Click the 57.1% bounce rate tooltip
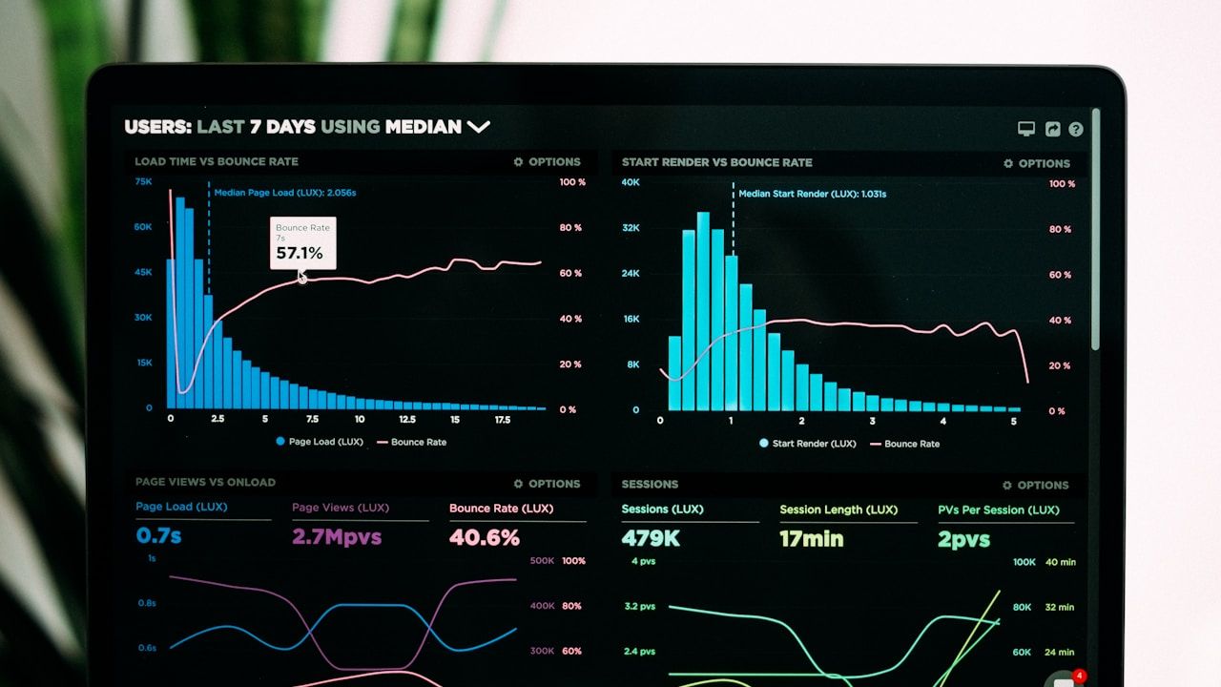tap(302, 243)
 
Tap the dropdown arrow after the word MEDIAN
tap(478, 127)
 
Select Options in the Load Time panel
tap(547, 162)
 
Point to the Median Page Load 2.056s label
tap(284, 193)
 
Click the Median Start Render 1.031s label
tap(812, 194)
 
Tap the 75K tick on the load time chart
tap(143, 181)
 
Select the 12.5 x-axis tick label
tap(406, 419)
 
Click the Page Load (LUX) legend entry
tap(320, 442)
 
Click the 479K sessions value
tap(651, 539)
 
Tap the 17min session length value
tap(811, 539)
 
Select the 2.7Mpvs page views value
tap(337, 537)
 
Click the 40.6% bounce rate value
tap(485, 538)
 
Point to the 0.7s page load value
tap(158, 536)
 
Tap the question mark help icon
tap(1076, 129)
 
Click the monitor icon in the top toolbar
tap(1026, 129)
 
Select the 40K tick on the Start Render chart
tap(631, 181)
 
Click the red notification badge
tap(1079, 677)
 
